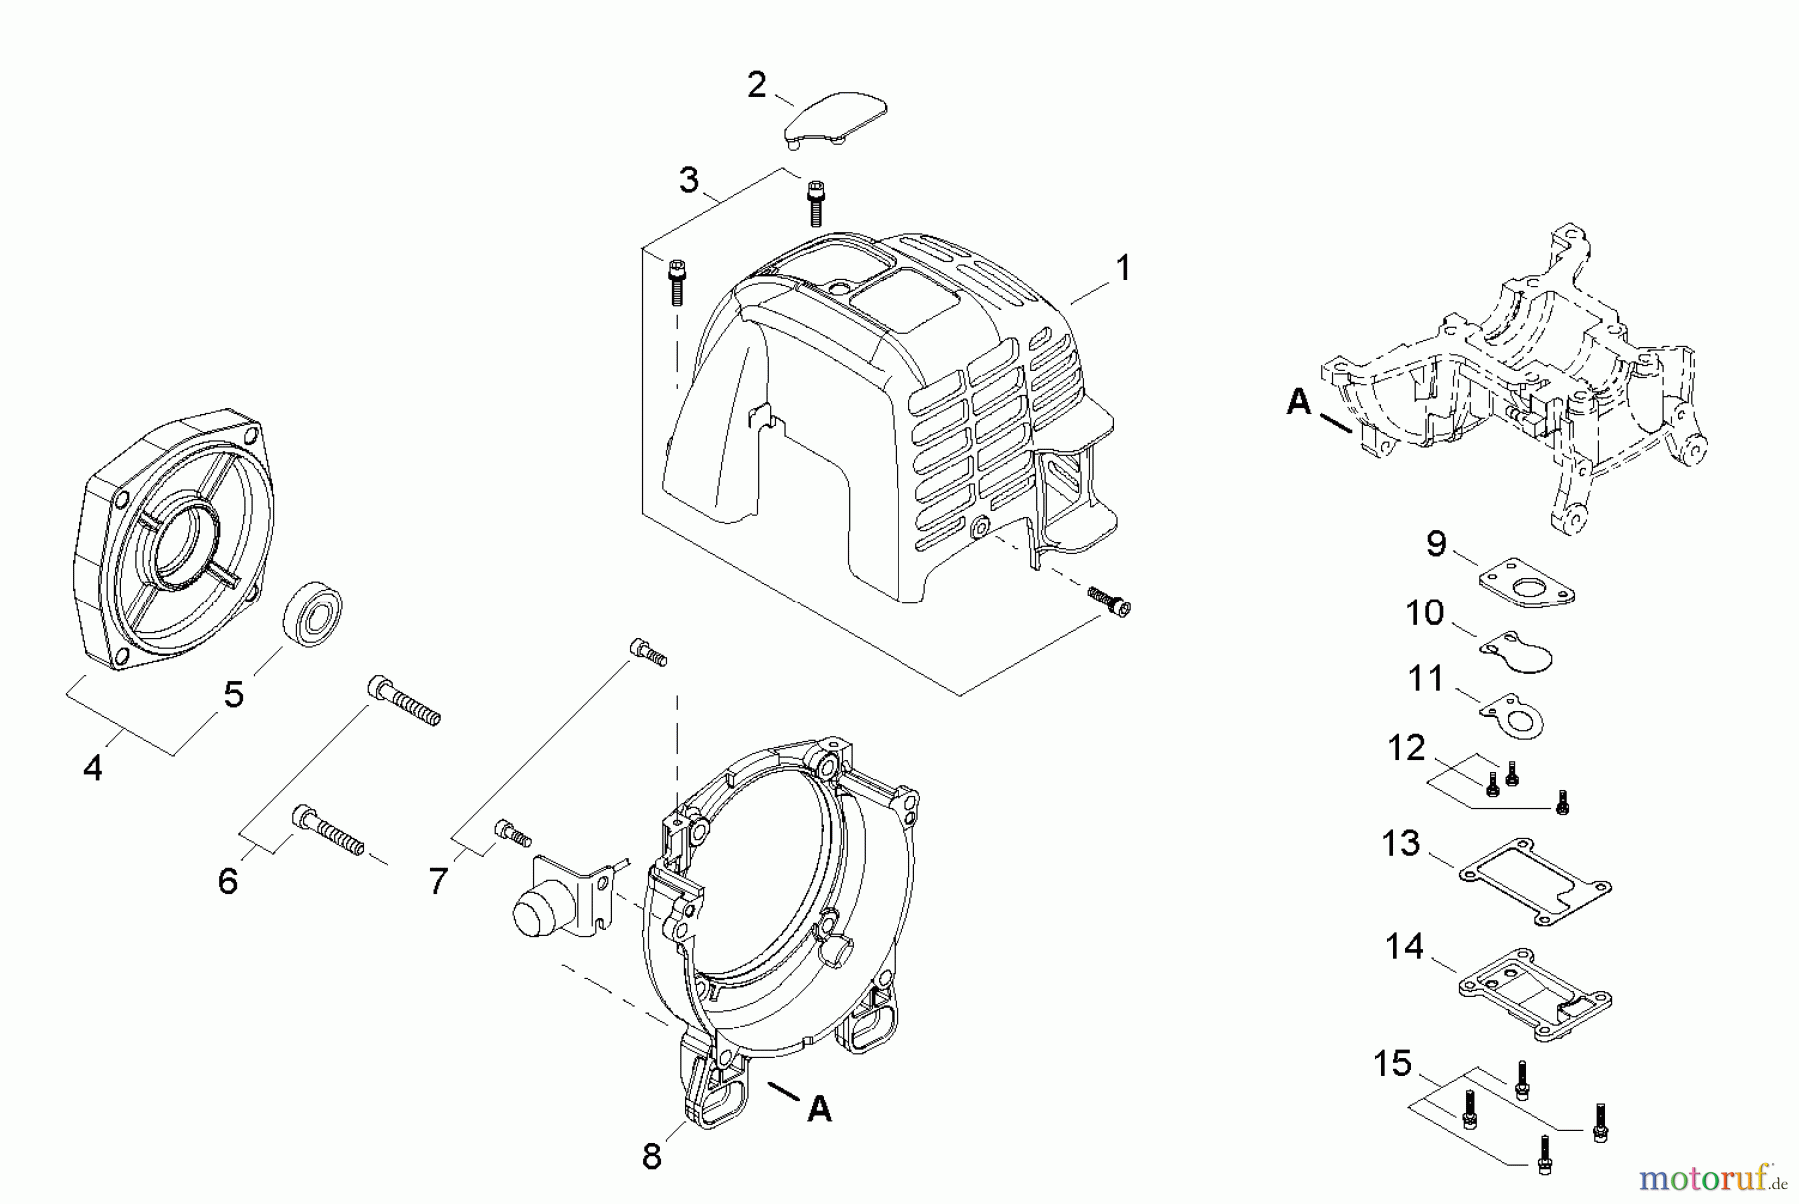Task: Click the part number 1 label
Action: (x=1123, y=268)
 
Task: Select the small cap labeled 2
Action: (x=836, y=120)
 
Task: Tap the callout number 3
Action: (x=689, y=181)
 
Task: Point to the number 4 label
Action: (x=93, y=768)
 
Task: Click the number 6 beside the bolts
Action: (x=228, y=881)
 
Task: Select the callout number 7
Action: (x=438, y=881)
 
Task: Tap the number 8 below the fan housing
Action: (x=652, y=1157)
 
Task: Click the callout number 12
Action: (x=1406, y=748)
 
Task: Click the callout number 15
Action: (x=1392, y=1063)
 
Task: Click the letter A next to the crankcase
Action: (x=1298, y=402)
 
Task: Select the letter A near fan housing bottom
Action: (x=819, y=1108)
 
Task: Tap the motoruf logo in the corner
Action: (x=1709, y=1180)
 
